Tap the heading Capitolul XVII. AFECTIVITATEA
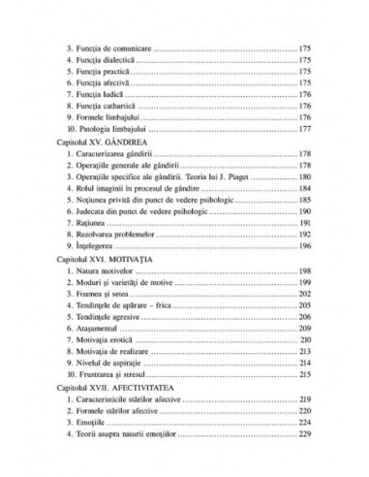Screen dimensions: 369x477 click(112, 386)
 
